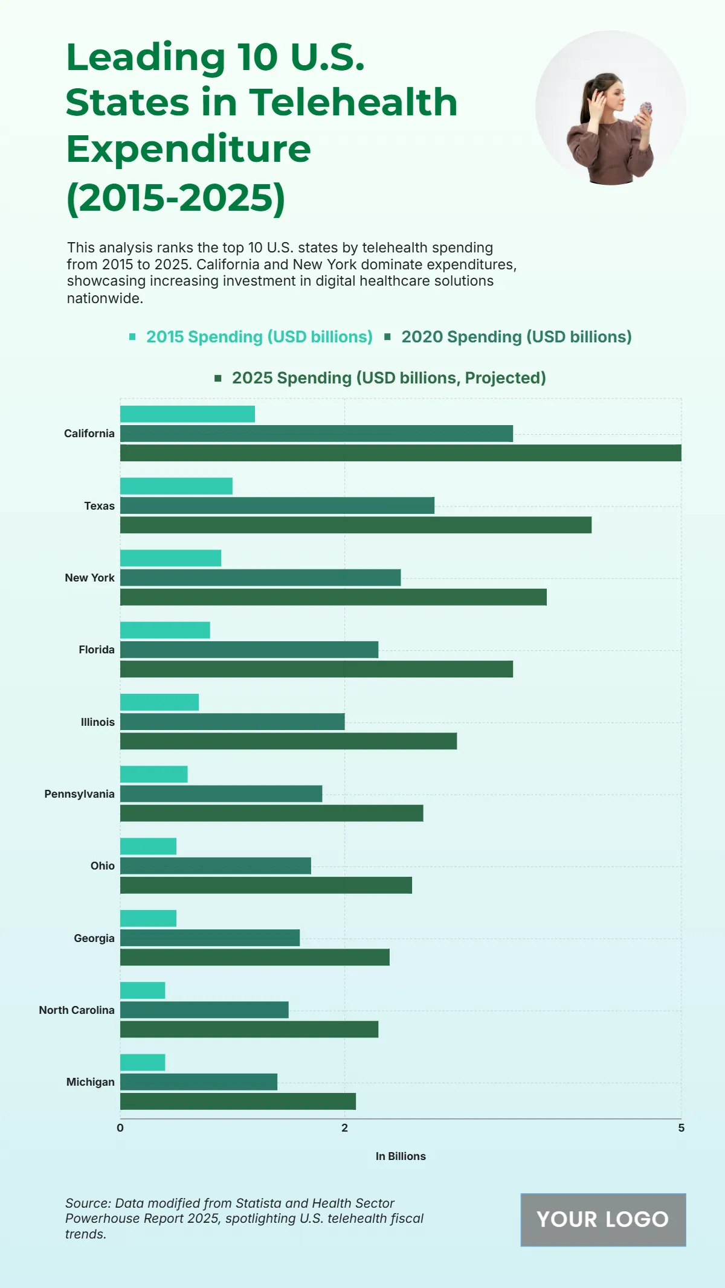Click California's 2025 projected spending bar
point(401,453)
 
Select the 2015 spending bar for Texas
point(176,486)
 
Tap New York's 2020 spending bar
point(260,578)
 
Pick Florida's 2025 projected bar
point(316,669)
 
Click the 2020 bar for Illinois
point(232,722)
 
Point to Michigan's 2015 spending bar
point(143,1063)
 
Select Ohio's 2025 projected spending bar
point(266,885)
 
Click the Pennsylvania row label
point(79,794)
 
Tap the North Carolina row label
point(77,1010)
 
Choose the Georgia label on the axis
point(94,938)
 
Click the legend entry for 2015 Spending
point(259,337)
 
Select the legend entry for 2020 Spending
point(516,337)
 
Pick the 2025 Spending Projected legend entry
point(388,378)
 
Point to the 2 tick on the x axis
point(344,1128)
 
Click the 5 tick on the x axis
point(681,1128)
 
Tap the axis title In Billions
point(401,1156)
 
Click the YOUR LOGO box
point(603,1219)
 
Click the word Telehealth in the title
point(353,102)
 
